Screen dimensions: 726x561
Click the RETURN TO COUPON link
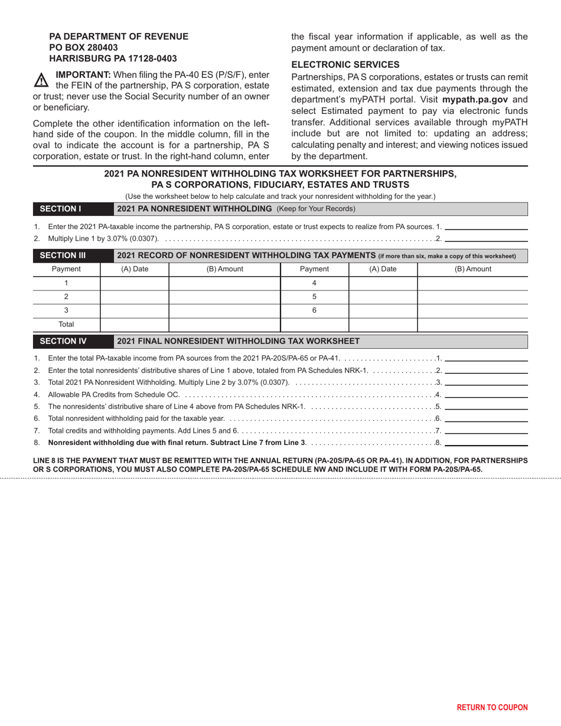(492, 707)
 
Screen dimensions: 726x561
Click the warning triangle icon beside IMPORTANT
(41, 80)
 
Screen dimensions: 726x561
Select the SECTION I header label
(60, 208)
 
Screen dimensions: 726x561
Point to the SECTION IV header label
(63, 341)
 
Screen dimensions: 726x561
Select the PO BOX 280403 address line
(83, 47)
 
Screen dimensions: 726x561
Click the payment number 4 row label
(314, 283)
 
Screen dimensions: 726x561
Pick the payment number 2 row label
(66, 296)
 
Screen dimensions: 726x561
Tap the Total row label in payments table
(66, 324)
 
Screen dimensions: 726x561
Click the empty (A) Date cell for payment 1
(135, 283)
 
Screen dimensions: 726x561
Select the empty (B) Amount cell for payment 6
(472, 310)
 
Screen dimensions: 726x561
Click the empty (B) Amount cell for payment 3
(224, 310)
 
